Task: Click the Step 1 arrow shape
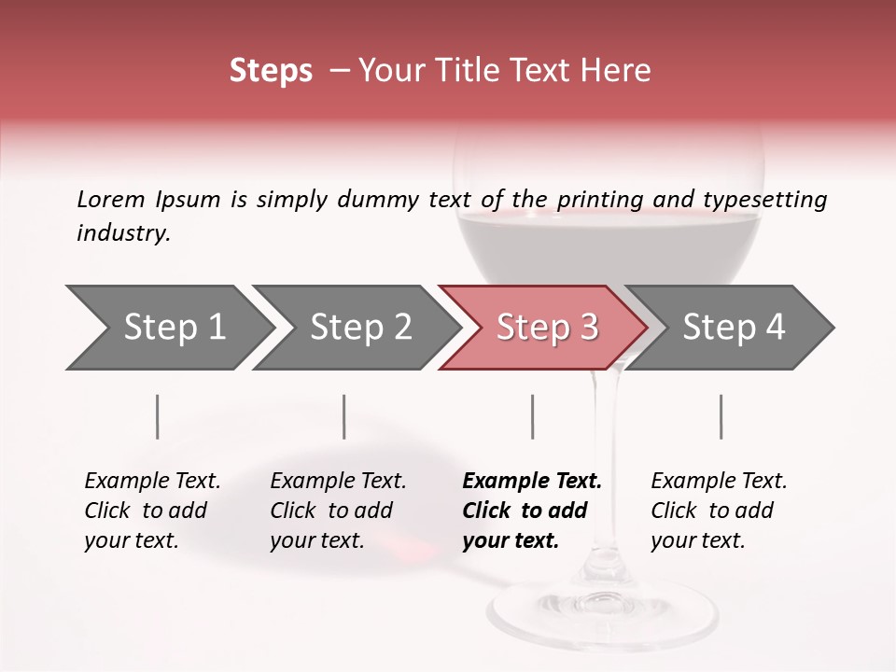coord(168,327)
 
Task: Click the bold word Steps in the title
coord(271,71)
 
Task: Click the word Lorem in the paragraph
coord(110,199)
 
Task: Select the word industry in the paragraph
coord(122,232)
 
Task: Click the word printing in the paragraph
coord(599,199)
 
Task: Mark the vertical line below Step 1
coord(158,416)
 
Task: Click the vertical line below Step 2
coord(344,416)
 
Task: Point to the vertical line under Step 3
coord(532,416)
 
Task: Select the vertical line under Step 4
coord(721,416)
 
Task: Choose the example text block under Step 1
coord(152,511)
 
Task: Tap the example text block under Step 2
coord(338,511)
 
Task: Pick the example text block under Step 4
coord(719,511)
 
